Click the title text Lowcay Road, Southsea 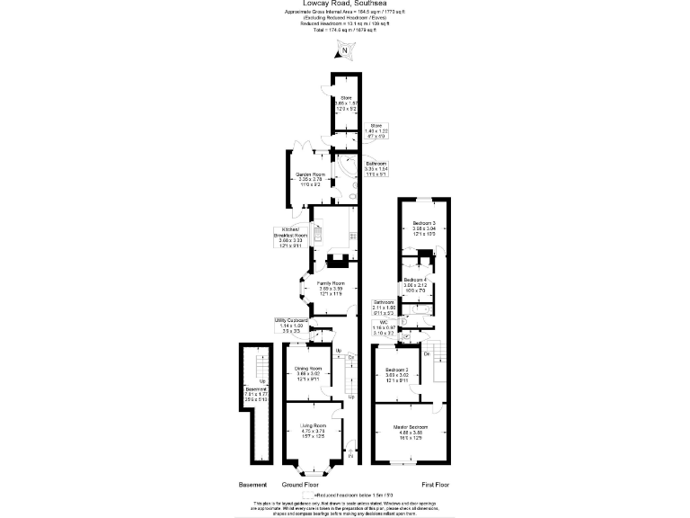point(344,3)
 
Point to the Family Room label point(331,288)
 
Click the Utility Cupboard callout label point(293,326)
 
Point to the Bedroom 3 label point(424,227)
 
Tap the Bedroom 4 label point(414,284)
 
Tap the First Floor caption point(435,485)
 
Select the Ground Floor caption point(301,485)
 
